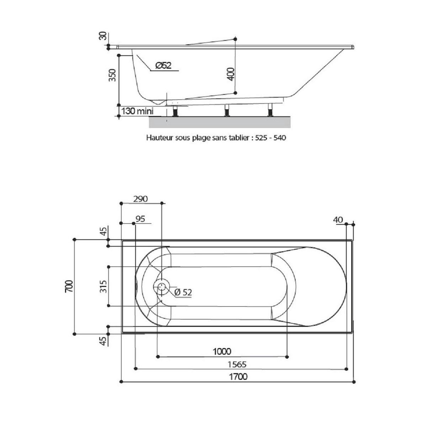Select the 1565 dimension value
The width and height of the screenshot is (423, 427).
[x=237, y=364]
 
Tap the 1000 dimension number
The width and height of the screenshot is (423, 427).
[x=222, y=351]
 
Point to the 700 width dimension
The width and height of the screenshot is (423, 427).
[x=69, y=286]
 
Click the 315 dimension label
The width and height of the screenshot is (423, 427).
[x=103, y=286]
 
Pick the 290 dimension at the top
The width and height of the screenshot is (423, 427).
[x=140, y=199]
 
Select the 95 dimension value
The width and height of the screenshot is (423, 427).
[x=140, y=219]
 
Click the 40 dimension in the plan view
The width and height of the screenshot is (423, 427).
[x=338, y=220]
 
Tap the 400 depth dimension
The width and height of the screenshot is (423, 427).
[x=231, y=74]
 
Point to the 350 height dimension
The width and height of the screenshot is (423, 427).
[x=113, y=75]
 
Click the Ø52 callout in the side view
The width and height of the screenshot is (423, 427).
[x=163, y=65]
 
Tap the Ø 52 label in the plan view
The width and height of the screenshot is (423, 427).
[x=183, y=292]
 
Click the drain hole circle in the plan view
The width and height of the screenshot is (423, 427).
[x=161, y=287]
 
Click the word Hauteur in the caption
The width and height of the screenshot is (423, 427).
[x=160, y=138]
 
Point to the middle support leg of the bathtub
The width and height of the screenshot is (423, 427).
[x=227, y=110]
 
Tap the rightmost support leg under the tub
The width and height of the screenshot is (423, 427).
[x=270, y=110]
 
